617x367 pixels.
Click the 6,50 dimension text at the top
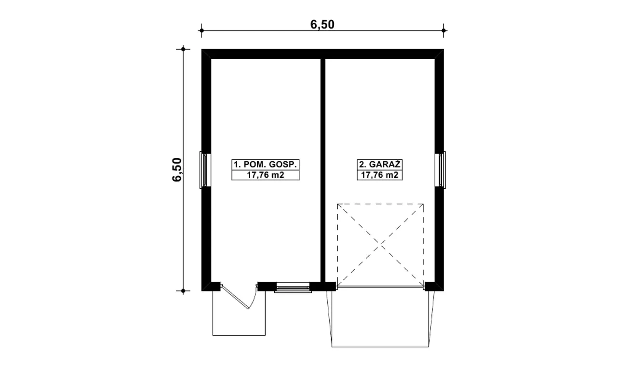[322, 25]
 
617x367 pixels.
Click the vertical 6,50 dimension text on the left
[177, 170]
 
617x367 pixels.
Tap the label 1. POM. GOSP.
[265, 165]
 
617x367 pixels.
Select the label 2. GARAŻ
[379, 165]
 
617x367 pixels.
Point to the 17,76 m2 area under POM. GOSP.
[265, 175]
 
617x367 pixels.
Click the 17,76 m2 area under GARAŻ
[379, 175]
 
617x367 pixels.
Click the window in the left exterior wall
[205, 170]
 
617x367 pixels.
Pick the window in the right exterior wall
[440, 170]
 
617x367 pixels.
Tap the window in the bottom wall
[293, 287]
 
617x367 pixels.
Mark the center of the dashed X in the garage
[380, 245]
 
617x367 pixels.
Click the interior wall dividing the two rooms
[323, 170]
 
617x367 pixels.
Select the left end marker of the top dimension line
[201, 30]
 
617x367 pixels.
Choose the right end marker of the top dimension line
[443, 30]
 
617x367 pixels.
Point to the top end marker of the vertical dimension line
[183, 49]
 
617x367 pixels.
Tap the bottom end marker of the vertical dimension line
[183, 291]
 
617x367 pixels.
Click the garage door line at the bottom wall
[380, 287]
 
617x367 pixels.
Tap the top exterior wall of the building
[322, 54]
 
